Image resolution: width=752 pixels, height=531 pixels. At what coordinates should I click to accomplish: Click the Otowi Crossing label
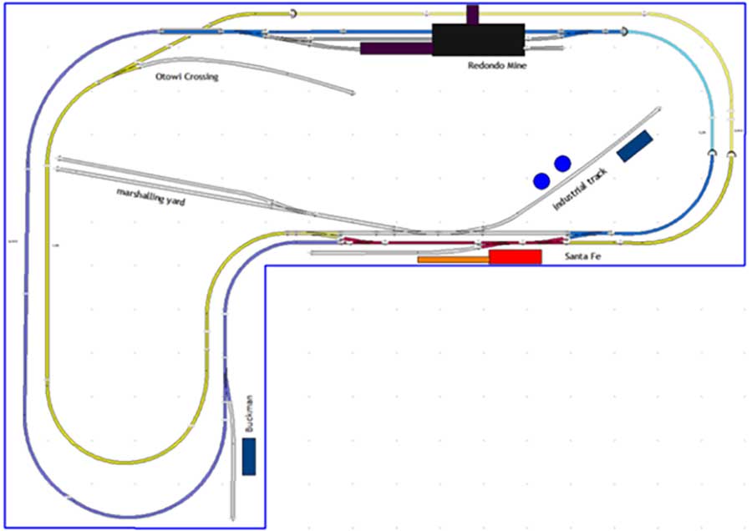coord(187,77)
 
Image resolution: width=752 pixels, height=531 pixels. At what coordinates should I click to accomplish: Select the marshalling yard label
coord(151,197)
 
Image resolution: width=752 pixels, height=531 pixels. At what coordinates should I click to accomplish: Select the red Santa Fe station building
coord(516,257)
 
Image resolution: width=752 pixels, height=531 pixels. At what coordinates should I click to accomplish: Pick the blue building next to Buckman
coord(248,457)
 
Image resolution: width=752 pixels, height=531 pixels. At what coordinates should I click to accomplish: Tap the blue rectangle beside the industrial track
coord(636,145)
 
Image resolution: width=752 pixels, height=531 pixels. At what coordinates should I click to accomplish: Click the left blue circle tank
coord(541,180)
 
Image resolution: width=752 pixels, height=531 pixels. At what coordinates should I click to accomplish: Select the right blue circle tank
coord(562,162)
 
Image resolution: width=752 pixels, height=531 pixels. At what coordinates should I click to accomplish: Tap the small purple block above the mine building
coord(472,14)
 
